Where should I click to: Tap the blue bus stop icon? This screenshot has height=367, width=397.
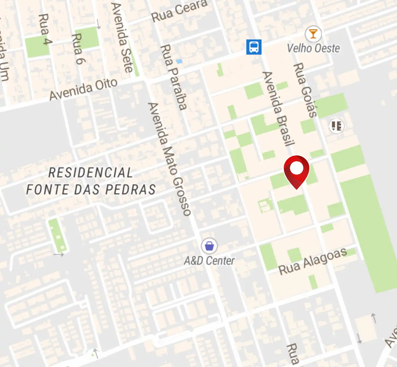tap(254, 47)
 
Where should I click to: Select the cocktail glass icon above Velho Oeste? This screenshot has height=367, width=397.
tap(313, 34)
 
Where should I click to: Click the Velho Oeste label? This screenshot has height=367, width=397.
tap(313, 48)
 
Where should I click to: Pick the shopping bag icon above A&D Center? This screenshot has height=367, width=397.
tap(209, 246)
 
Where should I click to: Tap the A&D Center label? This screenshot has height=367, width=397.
tap(209, 261)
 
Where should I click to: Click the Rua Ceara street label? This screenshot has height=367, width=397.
tap(179, 11)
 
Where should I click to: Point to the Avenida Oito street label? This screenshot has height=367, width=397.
tap(83, 89)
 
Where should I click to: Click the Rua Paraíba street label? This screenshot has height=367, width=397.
tap(174, 77)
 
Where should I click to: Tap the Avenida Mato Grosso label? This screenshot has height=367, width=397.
tap(170, 159)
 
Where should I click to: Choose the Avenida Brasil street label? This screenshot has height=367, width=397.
tap(278, 109)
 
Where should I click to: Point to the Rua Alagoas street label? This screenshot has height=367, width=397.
tap(313, 261)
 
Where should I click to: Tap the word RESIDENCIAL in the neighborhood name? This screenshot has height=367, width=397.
tap(91, 173)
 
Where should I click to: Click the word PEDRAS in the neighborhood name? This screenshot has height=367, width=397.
tap(130, 190)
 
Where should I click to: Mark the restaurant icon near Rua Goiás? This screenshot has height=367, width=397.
tap(336, 126)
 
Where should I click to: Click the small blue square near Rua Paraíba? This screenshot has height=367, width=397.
tap(179, 61)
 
